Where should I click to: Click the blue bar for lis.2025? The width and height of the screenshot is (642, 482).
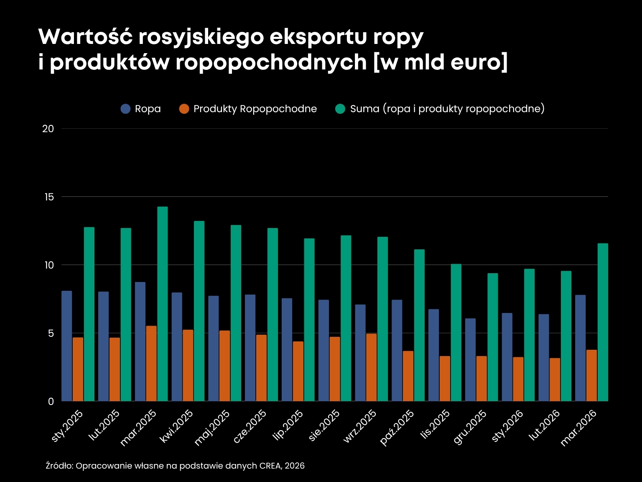pyautogui.click(x=433, y=355)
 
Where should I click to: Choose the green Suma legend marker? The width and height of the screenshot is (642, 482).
pyautogui.click(x=340, y=109)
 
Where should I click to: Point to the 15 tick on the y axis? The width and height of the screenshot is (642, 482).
pyautogui.click(x=49, y=197)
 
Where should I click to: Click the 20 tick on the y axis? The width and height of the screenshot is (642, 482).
pyautogui.click(x=48, y=128)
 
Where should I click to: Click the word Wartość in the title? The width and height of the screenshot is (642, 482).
pyautogui.click(x=85, y=37)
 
